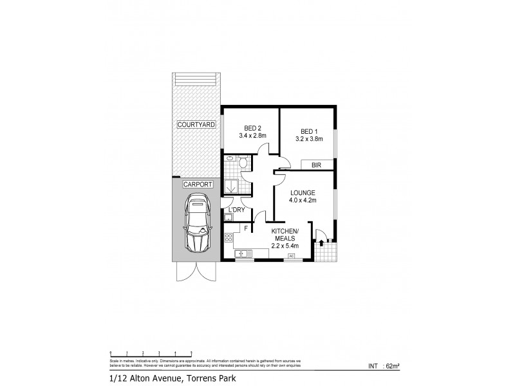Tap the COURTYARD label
(x=197, y=124)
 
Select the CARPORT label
(x=198, y=184)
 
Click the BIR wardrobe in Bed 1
(x=316, y=165)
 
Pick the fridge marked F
(x=246, y=228)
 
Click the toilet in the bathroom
(x=242, y=164)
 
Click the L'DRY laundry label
(x=233, y=210)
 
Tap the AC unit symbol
(x=291, y=255)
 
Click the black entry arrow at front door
(x=321, y=243)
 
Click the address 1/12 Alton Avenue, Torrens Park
(x=169, y=378)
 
